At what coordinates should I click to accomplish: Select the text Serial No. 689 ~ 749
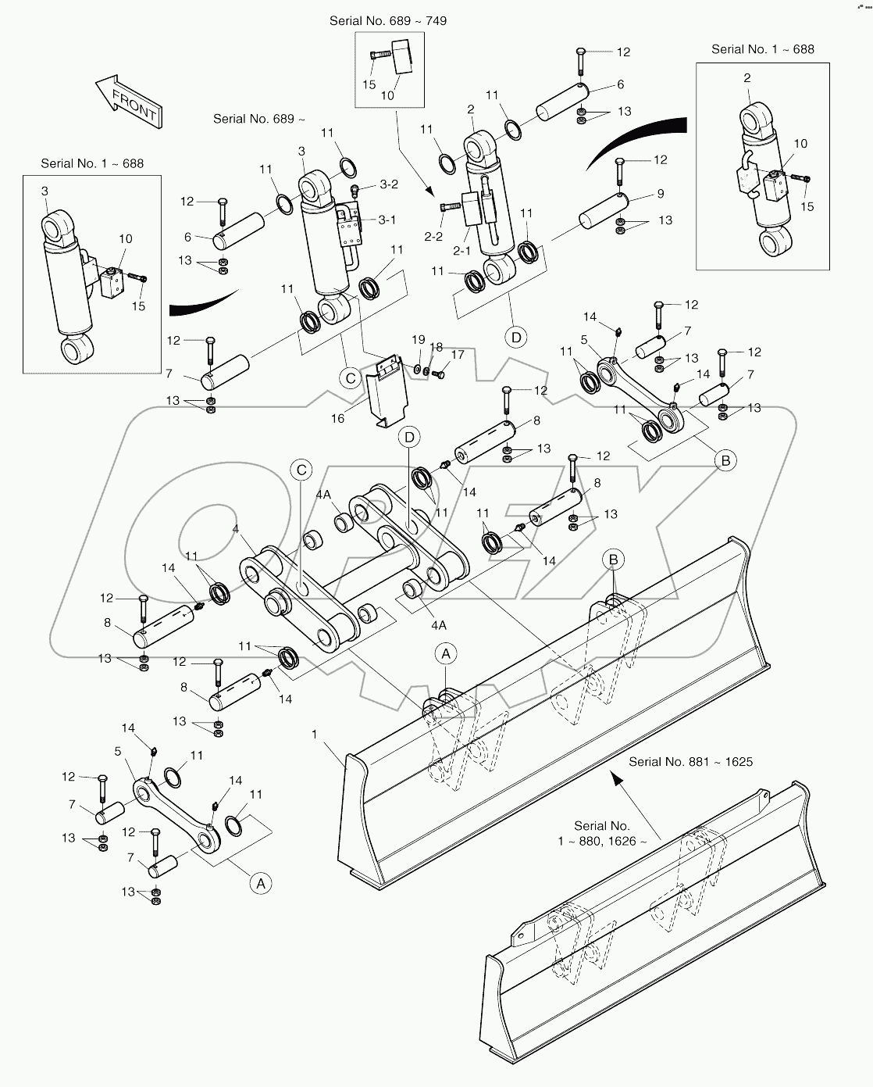coord(388,20)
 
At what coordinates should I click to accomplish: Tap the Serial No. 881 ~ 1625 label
coord(690,761)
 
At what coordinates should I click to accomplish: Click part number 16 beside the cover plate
coord(337,419)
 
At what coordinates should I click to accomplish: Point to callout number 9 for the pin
coord(661,194)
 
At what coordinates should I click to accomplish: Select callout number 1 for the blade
coord(314,735)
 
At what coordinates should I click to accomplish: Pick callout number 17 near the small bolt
coord(458,355)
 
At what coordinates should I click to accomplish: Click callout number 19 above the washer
coord(419,340)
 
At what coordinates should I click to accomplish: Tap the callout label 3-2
coord(389,184)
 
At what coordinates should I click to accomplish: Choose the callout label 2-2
coord(433,236)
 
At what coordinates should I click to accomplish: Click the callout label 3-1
coord(387,220)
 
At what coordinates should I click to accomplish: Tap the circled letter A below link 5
coord(260,883)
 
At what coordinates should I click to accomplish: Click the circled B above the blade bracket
coord(613,559)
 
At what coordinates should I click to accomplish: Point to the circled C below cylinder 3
coord(351,378)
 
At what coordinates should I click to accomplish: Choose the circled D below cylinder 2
coord(515,338)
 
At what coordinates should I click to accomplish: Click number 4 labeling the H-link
coord(235,529)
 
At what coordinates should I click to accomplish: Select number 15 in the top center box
coord(369,84)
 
